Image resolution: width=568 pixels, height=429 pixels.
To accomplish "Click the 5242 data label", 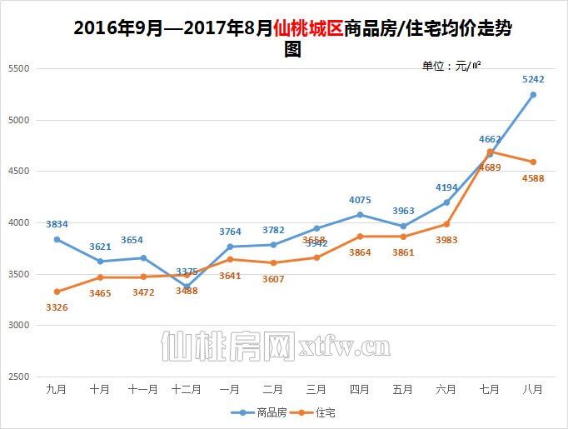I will click(x=533, y=79).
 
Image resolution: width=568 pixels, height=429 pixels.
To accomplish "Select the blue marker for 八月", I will click(x=533, y=95).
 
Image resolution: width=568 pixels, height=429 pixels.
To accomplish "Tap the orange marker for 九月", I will click(x=57, y=292).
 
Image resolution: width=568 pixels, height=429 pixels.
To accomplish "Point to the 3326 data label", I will click(x=57, y=307).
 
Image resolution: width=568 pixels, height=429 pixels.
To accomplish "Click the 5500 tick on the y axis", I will click(x=18, y=69).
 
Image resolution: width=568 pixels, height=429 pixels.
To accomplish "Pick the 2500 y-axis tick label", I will click(x=18, y=377).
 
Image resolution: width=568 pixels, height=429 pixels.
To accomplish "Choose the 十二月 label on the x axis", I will click(x=187, y=389).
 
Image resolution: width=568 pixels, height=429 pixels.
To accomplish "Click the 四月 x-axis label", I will click(x=360, y=389).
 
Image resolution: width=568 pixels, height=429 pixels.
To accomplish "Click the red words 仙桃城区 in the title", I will click(x=307, y=28).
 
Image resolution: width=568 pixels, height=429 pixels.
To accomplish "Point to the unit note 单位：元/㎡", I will click(x=452, y=66).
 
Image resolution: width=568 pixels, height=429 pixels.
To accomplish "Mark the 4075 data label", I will click(x=360, y=200).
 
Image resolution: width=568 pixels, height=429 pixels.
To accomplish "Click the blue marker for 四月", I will click(x=360, y=215).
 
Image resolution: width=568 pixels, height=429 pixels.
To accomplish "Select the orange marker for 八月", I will click(x=533, y=162).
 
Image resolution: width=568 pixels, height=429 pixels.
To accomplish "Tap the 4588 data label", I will click(x=533, y=177).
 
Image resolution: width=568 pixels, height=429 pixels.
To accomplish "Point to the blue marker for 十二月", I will click(x=187, y=287).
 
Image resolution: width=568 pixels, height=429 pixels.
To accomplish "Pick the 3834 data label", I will click(x=57, y=224).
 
